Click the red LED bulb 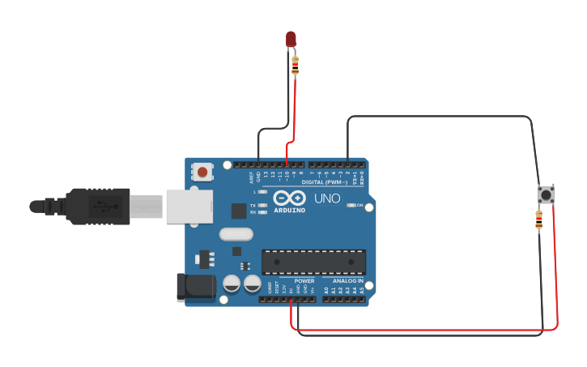[291, 38]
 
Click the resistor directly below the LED [295, 66]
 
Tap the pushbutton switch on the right [547, 194]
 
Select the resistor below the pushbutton [539, 220]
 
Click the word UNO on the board [327, 198]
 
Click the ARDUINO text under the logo [289, 211]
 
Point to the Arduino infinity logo [289, 198]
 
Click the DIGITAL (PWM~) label [324, 182]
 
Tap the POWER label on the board [304, 281]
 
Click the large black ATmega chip [313, 262]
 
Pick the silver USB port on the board [189, 206]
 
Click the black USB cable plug [97, 206]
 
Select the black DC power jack [196, 287]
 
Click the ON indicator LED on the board [351, 206]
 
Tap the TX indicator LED [262, 206]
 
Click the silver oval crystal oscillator [236, 234]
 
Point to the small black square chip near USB [239, 211]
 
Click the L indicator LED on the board [262, 192]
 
